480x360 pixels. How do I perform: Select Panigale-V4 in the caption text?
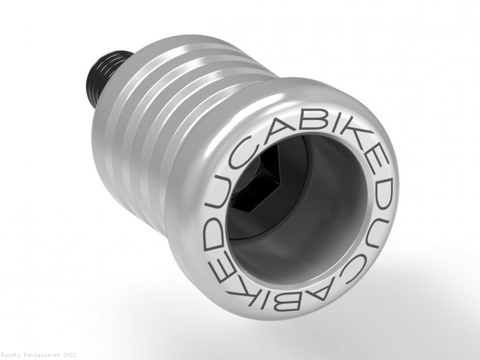[50, 355]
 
